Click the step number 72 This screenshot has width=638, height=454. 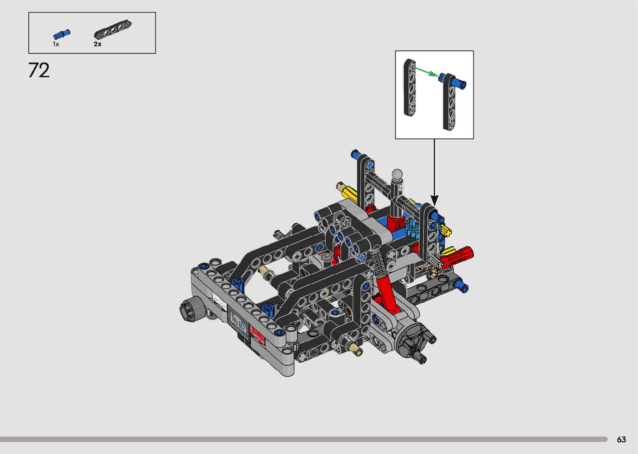click(x=39, y=70)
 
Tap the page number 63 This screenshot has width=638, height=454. click(x=621, y=439)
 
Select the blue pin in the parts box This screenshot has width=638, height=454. click(x=62, y=35)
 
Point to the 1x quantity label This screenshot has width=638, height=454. click(x=56, y=44)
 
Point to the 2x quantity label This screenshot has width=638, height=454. click(x=98, y=44)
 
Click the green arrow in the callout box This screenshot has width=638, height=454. click(x=426, y=73)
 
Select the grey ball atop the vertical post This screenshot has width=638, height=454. click(x=397, y=174)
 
